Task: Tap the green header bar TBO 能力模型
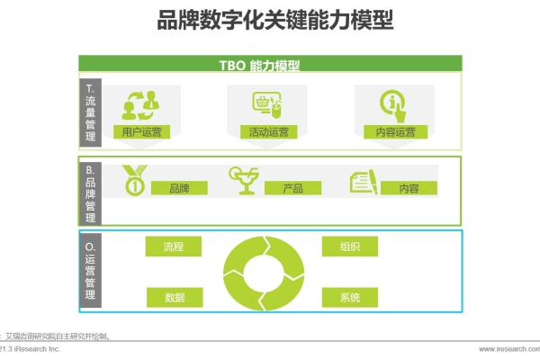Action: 270,65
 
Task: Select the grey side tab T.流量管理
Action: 90,112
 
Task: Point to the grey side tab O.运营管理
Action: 90,270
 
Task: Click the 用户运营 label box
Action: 143,131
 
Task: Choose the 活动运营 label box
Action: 268,131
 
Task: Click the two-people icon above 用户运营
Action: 141,103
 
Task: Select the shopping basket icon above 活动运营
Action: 267,103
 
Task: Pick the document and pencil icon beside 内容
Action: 363,182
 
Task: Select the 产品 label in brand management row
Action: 292,188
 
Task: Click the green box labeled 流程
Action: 174,246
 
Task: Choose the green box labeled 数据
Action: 174,298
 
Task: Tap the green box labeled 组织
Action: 350,246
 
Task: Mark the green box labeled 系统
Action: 350,298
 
